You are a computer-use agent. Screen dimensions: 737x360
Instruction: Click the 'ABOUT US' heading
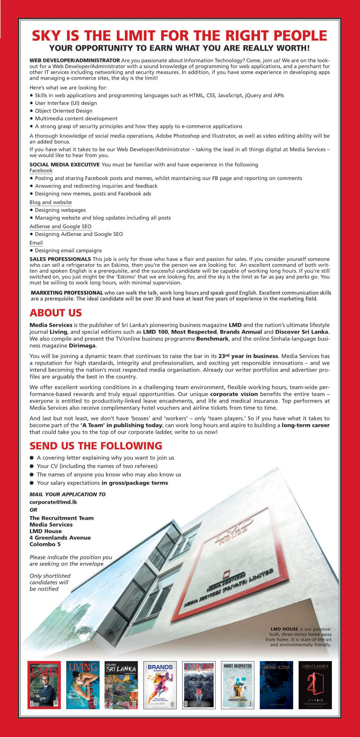click(x=55, y=312)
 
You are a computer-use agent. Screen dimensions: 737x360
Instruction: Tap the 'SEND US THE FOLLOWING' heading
click(x=96, y=446)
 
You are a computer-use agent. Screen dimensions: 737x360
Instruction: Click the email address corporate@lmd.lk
click(x=53, y=502)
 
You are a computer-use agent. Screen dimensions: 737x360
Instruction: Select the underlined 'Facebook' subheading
click(x=41, y=171)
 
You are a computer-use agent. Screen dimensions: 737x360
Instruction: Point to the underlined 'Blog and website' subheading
click(x=50, y=203)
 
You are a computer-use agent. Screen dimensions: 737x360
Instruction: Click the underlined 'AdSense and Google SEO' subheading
click(x=60, y=226)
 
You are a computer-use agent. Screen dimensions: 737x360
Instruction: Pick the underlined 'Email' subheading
click(x=36, y=243)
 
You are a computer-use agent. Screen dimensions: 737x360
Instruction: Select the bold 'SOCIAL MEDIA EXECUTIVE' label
click(x=64, y=165)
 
